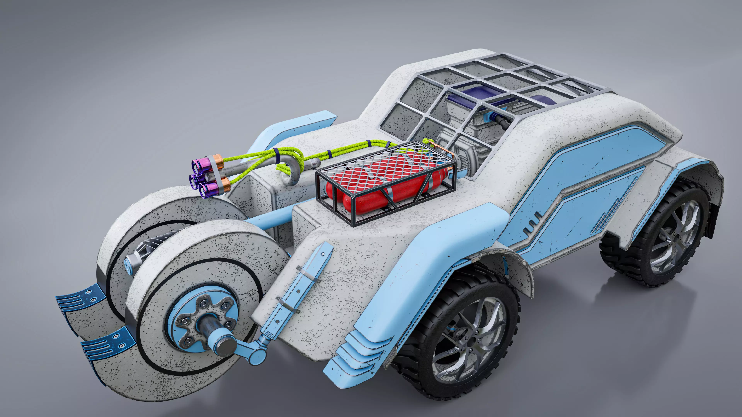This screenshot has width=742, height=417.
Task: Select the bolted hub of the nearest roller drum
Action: tap(203, 320)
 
